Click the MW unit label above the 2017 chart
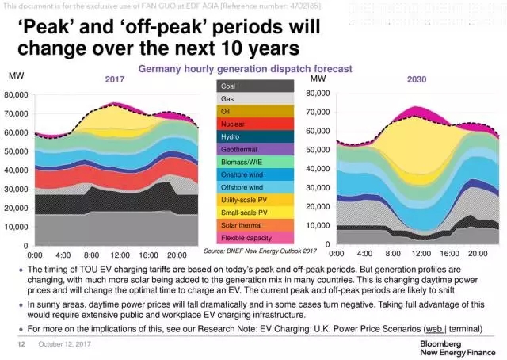[x=14, y=76]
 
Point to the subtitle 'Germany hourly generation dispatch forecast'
[x=245, y=69]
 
